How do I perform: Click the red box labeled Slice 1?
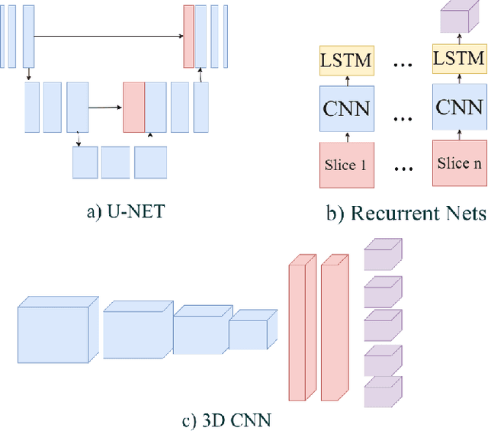coord(347,165)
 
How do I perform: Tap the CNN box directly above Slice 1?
coord(347,108)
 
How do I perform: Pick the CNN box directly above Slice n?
coord(459,108)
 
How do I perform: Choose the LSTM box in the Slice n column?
coord(459,57)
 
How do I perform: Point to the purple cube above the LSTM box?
coord(459,18)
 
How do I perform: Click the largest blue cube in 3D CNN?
coord(58,328)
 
